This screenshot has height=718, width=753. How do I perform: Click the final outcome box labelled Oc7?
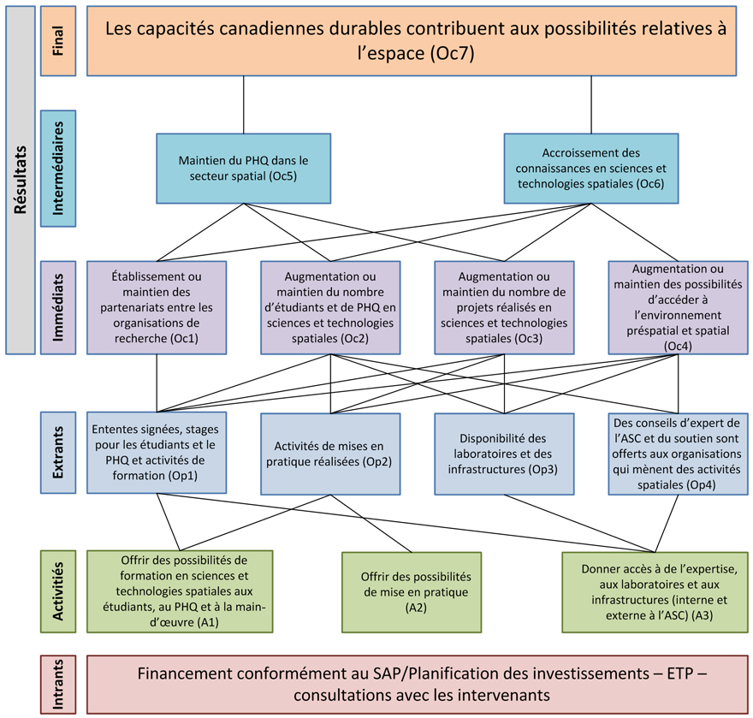point(416,40)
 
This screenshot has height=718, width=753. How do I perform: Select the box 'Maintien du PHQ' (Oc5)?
point(244,168)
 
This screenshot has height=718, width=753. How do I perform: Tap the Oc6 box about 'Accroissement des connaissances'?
point(590,168)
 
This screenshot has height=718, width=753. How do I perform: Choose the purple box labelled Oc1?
point(157,307)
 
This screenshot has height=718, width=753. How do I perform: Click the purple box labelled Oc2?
point(330,307)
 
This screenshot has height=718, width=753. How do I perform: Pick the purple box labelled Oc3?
point(504,307)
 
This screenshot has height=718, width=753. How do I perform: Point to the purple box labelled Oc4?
point(679,307)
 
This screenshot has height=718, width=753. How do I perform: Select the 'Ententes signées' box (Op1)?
point(157,454)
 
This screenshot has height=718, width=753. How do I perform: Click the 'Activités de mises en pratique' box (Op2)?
point(330,454)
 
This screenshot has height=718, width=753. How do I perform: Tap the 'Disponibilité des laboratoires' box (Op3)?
point(504,454)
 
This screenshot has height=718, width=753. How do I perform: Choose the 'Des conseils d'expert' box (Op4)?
point(679,454)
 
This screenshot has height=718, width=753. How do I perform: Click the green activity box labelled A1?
point(180,591)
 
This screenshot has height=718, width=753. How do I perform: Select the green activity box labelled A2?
point(416,591)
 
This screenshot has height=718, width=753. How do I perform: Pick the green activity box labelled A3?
point(653,591)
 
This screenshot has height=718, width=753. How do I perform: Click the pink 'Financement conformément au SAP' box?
point(416,683)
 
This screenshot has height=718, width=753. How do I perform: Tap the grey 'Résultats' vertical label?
point(21,180)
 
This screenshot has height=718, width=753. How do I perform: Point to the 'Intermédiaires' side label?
point(58,168)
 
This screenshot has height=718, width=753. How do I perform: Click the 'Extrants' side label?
point(58,454)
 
